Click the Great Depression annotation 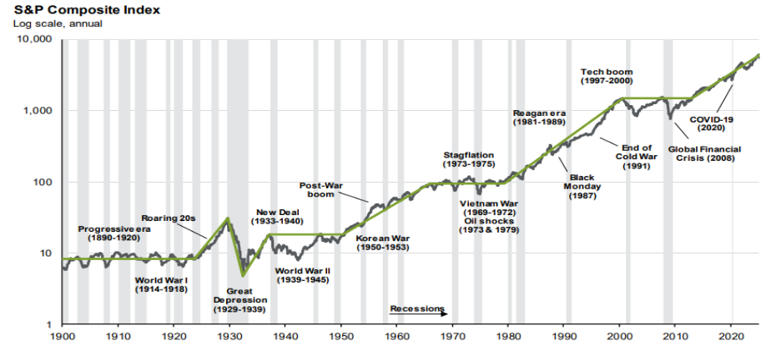coord(240,300)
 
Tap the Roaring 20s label coord(168,218)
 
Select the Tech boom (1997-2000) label coord(607,76)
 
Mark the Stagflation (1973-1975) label coord(468,160)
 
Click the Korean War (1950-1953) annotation coord(383,243)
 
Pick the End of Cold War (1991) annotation coord(636,157)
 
